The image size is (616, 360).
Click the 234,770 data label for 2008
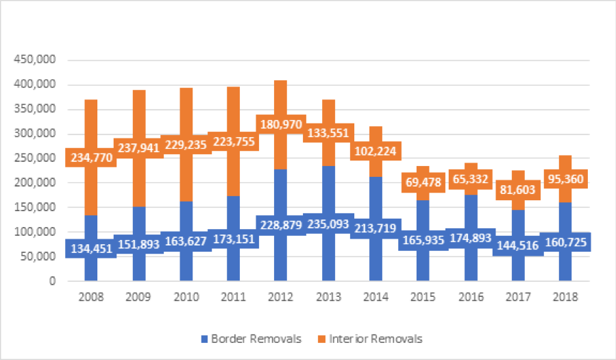pos(90,158)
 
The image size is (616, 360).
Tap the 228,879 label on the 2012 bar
pos(281,224)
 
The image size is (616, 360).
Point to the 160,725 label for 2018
pos(565,242)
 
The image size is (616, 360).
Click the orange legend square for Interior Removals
pos(323,339)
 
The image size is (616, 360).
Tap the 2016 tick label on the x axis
pos(469,298)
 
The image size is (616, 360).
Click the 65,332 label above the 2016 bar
pos(470,180)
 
